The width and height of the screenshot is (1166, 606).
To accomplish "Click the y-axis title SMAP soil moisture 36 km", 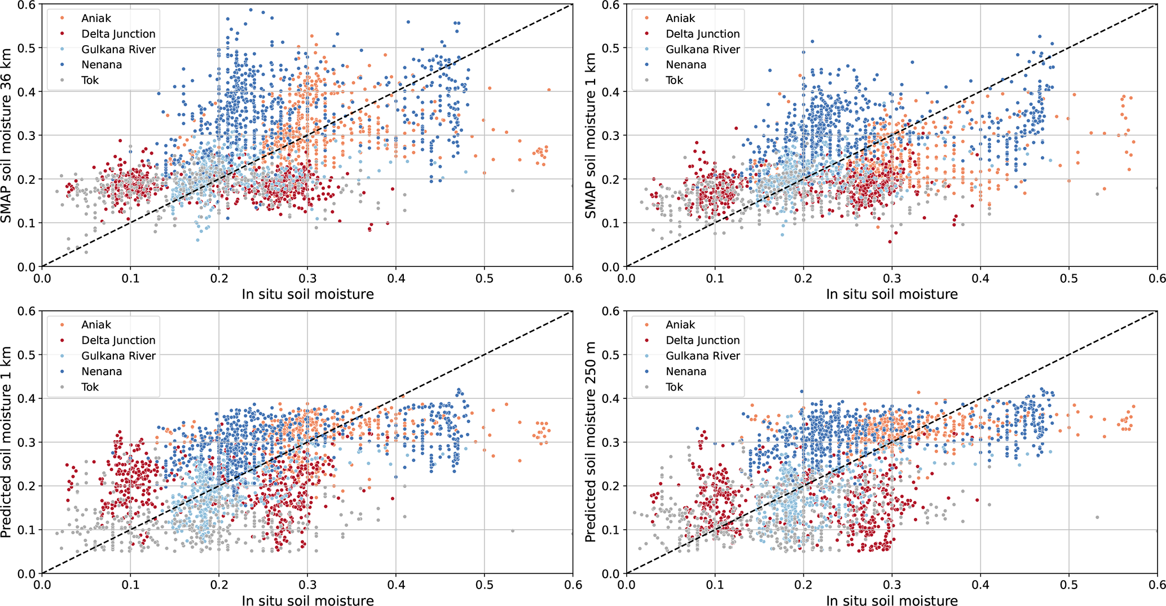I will [6, 135].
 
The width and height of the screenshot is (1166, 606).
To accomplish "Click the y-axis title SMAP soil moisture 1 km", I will [591, 135].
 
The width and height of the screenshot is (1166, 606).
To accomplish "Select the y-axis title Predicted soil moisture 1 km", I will [6, 442].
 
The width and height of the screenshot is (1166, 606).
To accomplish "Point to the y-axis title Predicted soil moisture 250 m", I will [591, 442].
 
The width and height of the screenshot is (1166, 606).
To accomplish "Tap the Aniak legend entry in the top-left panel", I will [96, 19].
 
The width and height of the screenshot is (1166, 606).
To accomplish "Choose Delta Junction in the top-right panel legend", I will [702, 34].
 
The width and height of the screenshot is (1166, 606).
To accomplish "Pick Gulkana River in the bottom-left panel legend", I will [118, 356].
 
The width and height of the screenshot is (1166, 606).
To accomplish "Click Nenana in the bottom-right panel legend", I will [685, 371].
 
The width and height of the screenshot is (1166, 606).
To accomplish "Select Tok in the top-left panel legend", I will [90, 80].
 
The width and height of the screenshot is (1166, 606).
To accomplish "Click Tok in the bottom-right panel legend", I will [674, 387].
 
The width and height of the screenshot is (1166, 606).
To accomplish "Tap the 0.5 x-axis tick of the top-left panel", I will [484, 278].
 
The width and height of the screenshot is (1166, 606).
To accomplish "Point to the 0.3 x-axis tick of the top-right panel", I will [892, 278].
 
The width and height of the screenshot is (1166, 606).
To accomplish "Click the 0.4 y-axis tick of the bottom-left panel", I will [27, 398].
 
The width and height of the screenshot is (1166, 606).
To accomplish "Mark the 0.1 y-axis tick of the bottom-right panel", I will [611, 530].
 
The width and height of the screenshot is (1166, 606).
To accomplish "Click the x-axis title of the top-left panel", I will [307, 294].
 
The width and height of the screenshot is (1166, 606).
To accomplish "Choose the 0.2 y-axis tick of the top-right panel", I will [611, 179].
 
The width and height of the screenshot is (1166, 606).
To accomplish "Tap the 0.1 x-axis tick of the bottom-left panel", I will [130, 585].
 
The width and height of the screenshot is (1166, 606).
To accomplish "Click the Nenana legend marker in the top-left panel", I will [62, 65].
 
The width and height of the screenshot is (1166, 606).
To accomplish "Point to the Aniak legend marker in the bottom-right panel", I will [646, 325].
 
